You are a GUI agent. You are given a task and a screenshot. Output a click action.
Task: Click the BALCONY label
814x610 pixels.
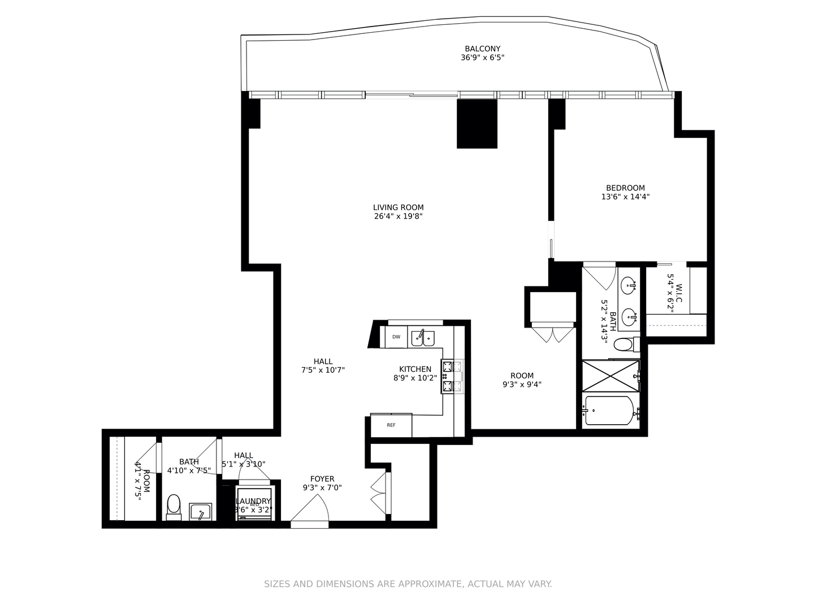(x=482, y=49)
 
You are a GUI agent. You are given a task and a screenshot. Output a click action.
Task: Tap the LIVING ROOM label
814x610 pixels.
(x=398, y=207)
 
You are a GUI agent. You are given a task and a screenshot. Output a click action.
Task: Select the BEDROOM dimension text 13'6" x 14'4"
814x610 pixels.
(x=625, y=197)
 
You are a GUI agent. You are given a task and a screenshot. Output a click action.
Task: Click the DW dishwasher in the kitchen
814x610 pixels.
(x=396, y=337)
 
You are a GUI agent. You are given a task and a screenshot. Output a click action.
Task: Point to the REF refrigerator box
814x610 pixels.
(x=391, y=425)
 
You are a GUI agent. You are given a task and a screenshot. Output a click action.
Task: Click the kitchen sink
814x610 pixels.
(x=422, y=338)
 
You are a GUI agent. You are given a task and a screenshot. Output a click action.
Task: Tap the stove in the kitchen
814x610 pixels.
(x=452, y=376)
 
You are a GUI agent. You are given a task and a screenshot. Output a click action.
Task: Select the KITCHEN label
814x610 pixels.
(x=415, y=369)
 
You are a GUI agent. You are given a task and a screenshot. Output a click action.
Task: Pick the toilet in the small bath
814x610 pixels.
(x=174, y=506)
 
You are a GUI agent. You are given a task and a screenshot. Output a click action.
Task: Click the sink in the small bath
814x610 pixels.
(x=200, y=512)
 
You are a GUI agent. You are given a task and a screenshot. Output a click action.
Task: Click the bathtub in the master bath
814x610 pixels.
(x=609, y=410)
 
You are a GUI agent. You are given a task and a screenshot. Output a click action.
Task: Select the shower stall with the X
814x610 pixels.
(x=610, y=376)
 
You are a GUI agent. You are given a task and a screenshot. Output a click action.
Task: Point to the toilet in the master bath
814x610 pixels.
(x=625, y=344)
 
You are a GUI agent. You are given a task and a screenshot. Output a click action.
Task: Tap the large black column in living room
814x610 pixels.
(x=477, y=124)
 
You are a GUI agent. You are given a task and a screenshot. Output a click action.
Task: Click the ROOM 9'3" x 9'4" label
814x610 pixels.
(x=522, y=380)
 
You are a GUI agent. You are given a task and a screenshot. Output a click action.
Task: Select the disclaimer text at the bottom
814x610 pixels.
(x=408, y=584)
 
